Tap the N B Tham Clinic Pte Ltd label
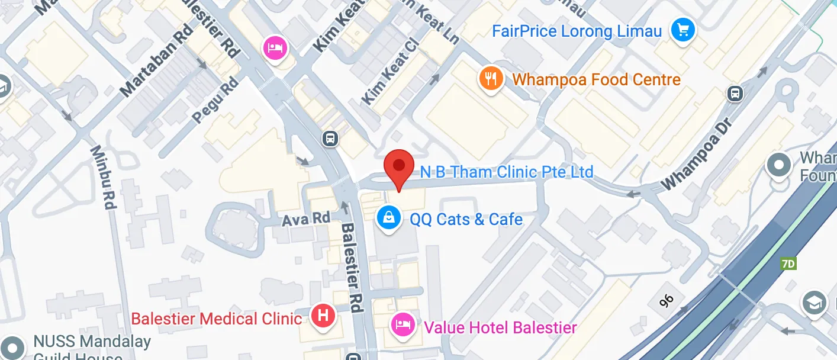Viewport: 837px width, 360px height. click(x=507, y=172)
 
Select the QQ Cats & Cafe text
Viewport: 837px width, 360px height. click(x=466, y=220)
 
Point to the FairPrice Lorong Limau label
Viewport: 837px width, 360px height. click(x=577, y=31)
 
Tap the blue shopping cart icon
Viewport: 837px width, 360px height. click(x=683, y=29)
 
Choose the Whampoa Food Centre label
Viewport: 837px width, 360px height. click(x=597, y=79)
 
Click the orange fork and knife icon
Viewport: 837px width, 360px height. click(x=491, y=78)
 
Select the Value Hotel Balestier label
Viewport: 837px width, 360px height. click(x=500, y=327)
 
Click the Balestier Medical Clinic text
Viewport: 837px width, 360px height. click(x=217, y=319)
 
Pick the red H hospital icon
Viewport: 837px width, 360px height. click(x=323, y=315)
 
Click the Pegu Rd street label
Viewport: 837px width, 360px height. click(x=215, y=99)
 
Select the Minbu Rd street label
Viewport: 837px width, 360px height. click(x=102, y=178)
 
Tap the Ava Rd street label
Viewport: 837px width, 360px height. click(x=305, y=218)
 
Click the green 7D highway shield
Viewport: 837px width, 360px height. click(x=788, y=264)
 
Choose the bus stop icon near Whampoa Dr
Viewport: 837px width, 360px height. click(x=735, y=94)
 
